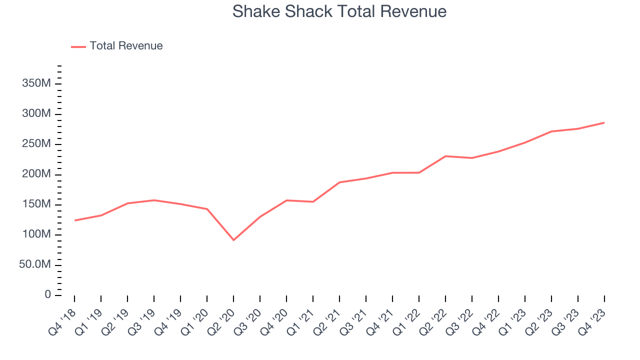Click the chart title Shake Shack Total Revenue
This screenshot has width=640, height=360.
(339, 11)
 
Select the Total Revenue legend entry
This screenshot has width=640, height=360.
(126, 46)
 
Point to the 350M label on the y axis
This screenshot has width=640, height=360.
(36, 83)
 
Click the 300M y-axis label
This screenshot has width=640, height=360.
(36, 114)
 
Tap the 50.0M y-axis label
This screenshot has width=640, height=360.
(35, 264)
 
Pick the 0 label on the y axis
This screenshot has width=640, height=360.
(47, 294)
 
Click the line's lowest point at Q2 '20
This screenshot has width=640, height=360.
(233, 240)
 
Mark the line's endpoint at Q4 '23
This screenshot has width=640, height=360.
(604, 122)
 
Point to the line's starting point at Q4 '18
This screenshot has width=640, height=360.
(74, 220)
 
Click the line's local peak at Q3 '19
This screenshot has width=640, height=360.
(154, 200)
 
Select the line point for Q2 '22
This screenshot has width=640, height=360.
(445, 156)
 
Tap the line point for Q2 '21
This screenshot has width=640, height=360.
(339, 182)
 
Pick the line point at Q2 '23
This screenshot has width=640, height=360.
(551, 131)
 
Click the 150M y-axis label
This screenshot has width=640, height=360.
(36, 204)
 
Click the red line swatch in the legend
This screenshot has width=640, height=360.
(78, 46)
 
